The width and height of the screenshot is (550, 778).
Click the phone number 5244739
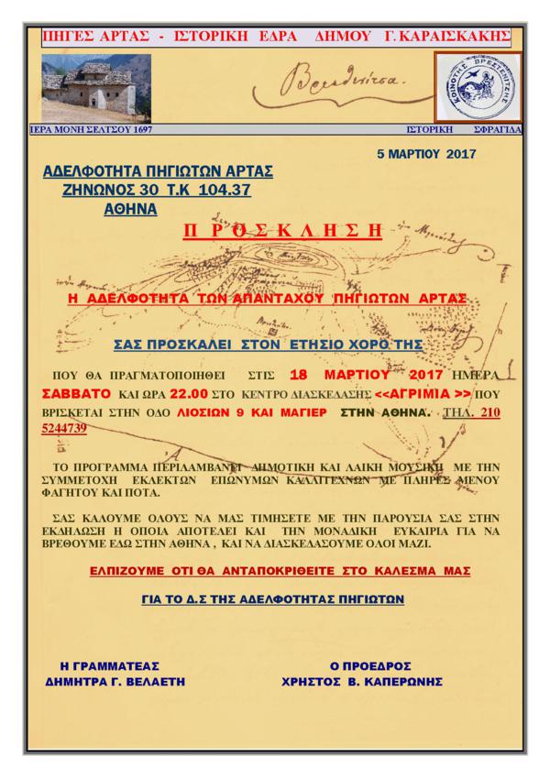pos(68,428)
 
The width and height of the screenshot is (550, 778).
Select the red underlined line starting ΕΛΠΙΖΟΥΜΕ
pos(273,570)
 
